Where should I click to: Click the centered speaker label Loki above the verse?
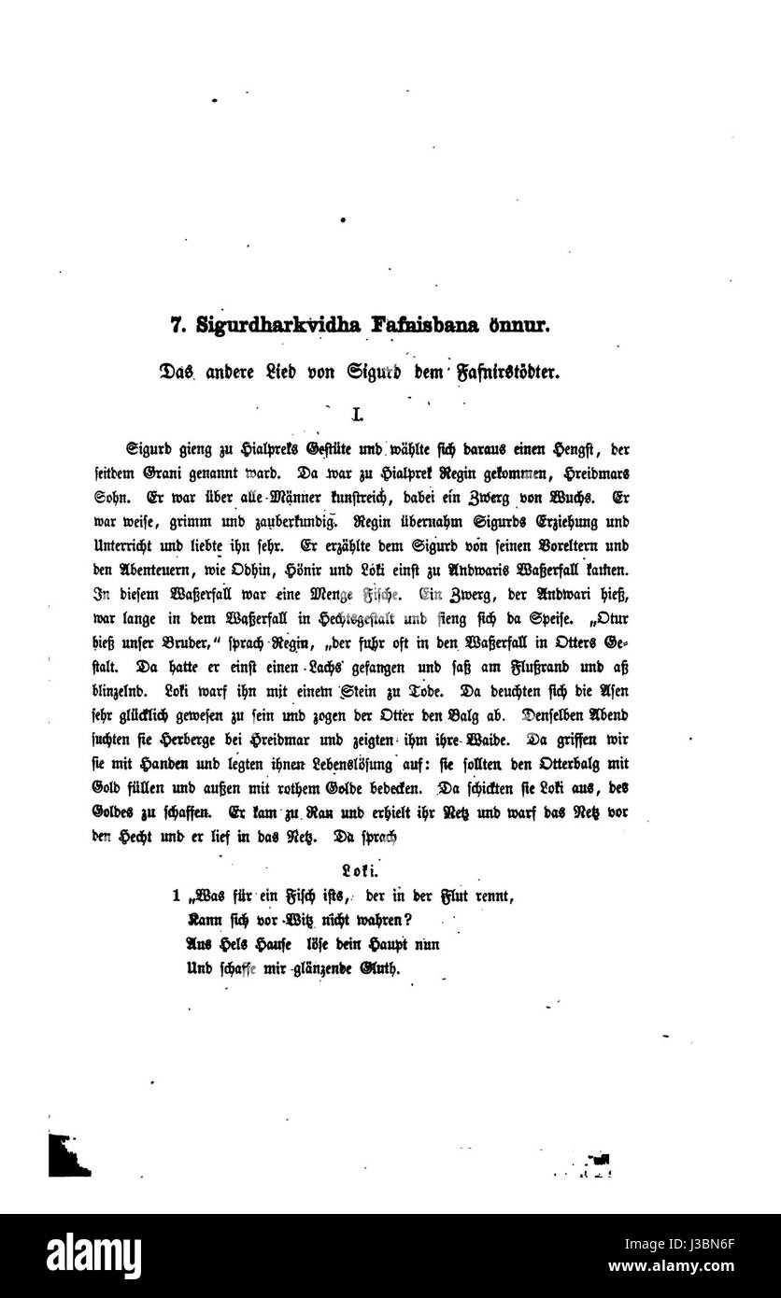[x=357, y=872]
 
